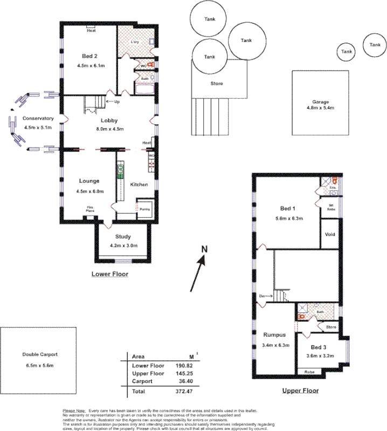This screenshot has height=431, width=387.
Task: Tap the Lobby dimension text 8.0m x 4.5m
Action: tap(109, 129)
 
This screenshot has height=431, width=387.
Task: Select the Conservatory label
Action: tap(38, 119)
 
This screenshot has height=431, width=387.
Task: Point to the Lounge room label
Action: tap(89, 182)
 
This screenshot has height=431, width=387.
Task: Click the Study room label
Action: tap(123, 237)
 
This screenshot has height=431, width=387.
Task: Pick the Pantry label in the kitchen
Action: tap(144, 209)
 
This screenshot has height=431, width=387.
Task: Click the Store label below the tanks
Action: tap(216, 84)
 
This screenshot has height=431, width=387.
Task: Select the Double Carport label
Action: tap(40, 355)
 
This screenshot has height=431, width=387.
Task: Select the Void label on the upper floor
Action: tap(330, 235)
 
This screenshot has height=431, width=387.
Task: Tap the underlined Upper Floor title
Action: tap(300, 391)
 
